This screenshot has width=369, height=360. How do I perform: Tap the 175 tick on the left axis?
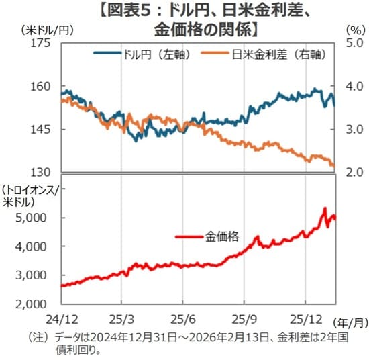(41, 44)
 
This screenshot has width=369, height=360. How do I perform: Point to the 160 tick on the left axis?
(41, 87)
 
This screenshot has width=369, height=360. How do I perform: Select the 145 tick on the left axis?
(41, 129)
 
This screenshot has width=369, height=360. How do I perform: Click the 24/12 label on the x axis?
(61, 316)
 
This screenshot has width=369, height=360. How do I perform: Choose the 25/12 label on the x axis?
(306, 316)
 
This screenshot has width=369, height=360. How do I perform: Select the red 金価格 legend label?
(221, 236)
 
